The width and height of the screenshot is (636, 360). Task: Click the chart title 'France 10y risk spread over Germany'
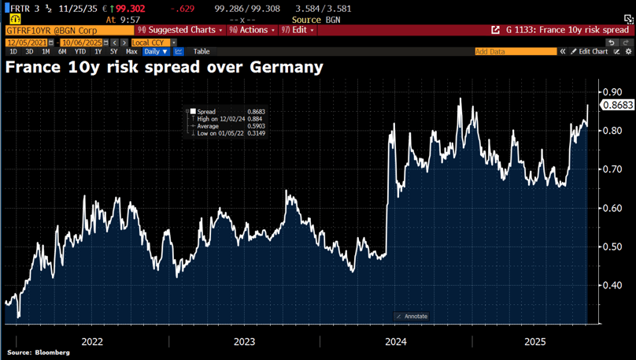165,68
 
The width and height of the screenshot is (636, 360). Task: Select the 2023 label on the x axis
244,342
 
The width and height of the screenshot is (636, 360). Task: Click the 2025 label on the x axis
535,342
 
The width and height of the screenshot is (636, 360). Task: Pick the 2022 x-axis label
92,342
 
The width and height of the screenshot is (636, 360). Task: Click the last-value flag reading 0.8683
617,105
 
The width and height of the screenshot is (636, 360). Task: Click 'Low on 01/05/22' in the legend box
220,133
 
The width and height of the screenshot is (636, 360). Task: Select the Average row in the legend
208,126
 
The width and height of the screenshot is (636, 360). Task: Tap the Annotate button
412,317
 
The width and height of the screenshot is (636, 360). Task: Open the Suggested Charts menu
180,30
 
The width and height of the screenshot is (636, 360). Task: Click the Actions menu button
252,30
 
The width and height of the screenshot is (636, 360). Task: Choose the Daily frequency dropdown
156,51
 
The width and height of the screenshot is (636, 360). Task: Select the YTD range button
80,51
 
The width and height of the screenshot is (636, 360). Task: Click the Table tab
202,51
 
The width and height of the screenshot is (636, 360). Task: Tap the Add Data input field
515,51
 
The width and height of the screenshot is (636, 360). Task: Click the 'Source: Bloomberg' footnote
39,353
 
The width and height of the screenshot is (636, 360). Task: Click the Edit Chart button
590,51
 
